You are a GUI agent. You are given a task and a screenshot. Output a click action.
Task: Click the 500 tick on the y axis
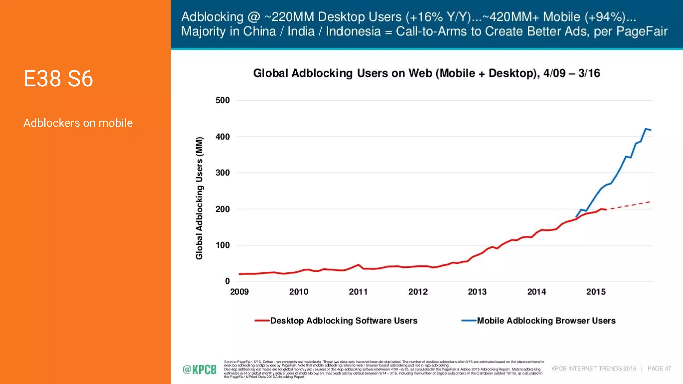(222, 100)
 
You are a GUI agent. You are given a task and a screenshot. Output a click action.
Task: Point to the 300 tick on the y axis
(222, 173)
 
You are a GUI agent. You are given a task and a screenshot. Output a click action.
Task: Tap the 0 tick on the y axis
(227, 281)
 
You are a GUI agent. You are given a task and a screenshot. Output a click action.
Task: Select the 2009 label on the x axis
(239, 292)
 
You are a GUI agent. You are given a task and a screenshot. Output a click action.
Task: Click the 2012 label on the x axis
(418, 292)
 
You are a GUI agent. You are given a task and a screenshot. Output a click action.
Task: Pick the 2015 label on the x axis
(596, 292)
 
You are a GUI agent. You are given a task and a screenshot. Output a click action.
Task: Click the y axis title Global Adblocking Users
(199, 198)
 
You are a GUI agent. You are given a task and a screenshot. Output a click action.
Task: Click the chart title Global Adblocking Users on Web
(426, 73)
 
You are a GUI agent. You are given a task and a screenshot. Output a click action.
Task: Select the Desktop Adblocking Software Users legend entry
(344, 321)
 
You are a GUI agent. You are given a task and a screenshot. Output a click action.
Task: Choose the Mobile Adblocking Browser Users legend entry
(546, 321)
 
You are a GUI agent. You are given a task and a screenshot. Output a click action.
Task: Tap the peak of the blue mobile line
(646, 129)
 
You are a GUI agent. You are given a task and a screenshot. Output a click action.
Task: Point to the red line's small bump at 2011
(358, 265)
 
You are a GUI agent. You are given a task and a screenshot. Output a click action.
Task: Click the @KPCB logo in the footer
(199, 369)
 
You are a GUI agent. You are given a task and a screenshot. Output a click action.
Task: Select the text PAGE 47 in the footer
(659, 368)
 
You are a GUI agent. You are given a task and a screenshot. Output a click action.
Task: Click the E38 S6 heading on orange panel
(58, 79)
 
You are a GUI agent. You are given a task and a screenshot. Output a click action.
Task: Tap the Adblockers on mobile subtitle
(78, 123)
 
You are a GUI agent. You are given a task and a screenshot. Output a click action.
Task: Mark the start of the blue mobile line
(576, 217)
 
